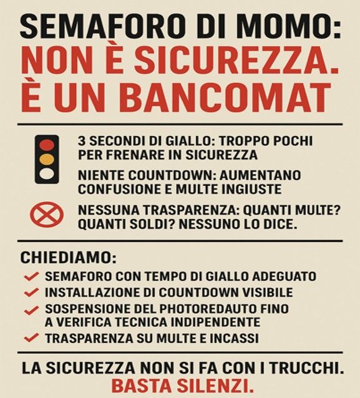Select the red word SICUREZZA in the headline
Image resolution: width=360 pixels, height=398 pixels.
pyautogui.click(x=233, y=61)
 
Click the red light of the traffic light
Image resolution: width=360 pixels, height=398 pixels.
pyautogui.click(x=47, y=145)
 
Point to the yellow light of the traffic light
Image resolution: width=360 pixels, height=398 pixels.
pyautogui.click(x=47, y=159)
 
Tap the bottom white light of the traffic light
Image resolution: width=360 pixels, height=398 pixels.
pyautogui.click(x=47, y=173)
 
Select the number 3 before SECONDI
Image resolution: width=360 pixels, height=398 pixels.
pyautogui.click(x=82, y=141)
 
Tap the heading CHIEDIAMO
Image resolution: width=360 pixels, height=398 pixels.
pyautogui.click(x=68, y=258)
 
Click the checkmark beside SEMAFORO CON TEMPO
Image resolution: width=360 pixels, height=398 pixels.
pyautogui.click(x=31, y=277)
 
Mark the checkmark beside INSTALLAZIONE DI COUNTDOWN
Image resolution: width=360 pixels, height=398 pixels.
pyautogui.click(x=31, y=293)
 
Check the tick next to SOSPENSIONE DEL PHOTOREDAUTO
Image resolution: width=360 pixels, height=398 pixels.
pyautogui.click(x=31, y=310)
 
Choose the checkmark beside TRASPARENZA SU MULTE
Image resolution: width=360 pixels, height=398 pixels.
pyautogui.click(x=31, y=338)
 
